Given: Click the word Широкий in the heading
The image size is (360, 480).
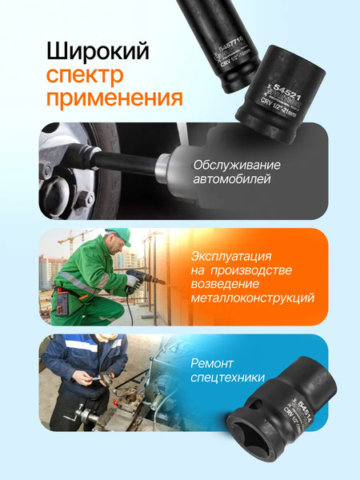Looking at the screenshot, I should coord(98,53).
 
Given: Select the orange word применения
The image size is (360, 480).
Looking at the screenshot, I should coord(114,99).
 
